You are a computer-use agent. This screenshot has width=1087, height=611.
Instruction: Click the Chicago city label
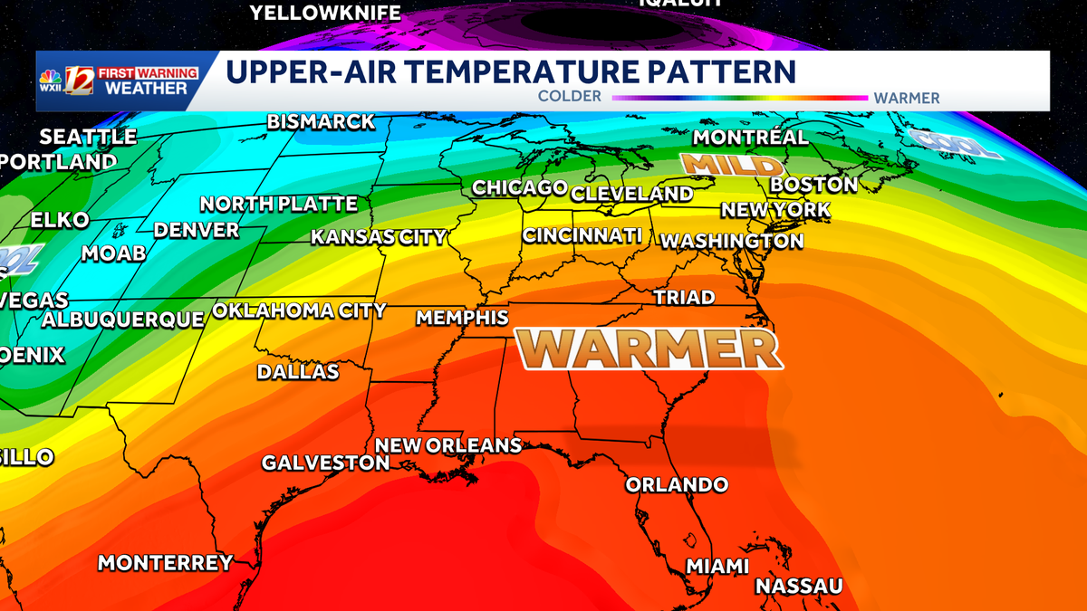tap(519, 187)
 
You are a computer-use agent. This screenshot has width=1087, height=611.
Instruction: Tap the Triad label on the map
tap(684, 297)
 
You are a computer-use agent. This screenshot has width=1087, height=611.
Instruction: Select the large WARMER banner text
tap(649, 348)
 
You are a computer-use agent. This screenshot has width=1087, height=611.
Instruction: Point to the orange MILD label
tap(731, 165)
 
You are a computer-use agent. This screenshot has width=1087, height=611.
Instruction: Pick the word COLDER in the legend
tap(569, 97)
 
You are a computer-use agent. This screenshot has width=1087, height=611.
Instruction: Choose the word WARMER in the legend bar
tap(907, 98)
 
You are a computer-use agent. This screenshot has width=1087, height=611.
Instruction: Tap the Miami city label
tap(717, 566)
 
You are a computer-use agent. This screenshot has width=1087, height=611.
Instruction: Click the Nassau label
tap(799, 586)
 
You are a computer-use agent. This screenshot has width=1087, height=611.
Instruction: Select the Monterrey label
tap(165, 562)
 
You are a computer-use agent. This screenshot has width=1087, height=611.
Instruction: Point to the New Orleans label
tap(447, 445)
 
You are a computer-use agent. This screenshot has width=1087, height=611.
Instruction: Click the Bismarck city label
tap(321, 121)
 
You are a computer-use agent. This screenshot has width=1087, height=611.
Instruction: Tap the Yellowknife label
tap(325, 12)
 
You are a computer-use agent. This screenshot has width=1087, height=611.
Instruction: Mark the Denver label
tap(196, 230)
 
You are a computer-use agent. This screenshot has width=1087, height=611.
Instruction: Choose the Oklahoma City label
tap(299, 310)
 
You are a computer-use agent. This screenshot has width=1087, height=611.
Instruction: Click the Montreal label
tap(750, 138)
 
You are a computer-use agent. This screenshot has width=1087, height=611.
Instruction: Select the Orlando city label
tap(677, 484)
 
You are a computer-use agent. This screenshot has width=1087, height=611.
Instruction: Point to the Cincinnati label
tap(582, 235)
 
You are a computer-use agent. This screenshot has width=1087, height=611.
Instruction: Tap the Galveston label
tap(325, 463)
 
